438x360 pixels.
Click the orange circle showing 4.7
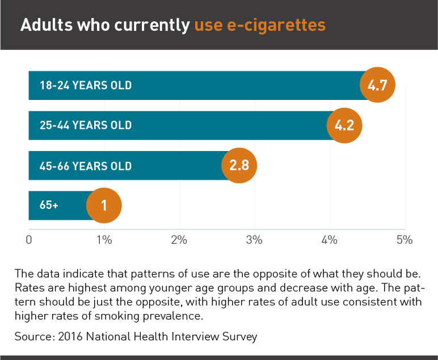click(x=377, y=86)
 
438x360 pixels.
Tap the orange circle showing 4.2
click(x=344, y=125)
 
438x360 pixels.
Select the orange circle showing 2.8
click(x=239, y=166)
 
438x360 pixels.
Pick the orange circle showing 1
click(x=104, y=205)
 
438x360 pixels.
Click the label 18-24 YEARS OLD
click(x=86, y=86)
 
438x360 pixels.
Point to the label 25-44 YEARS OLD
click(x=86, y=125)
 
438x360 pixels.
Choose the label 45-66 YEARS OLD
click(x=86, y=166)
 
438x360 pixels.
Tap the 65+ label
click(x=49, y=205)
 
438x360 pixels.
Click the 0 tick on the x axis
click(x=29, y=240)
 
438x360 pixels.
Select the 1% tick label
click(x=104, y=240)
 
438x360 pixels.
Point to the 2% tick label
click(x=179, y=240)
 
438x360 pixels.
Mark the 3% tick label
click(x=255, y=240)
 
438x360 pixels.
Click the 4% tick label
click(x=330, y=240)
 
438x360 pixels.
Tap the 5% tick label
click(x=405, y=240)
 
